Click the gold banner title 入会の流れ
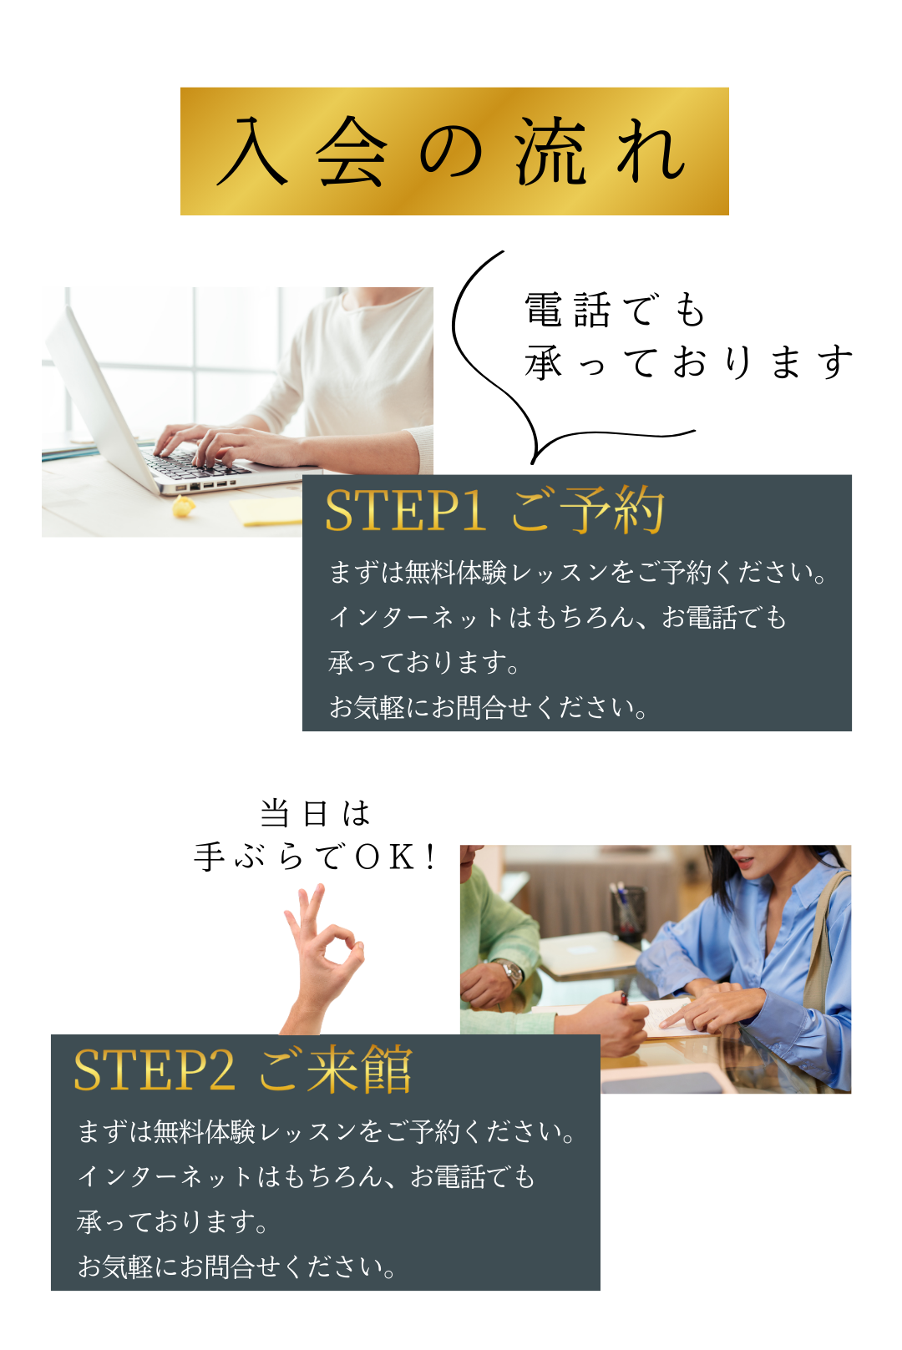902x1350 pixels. (x=451, y=150)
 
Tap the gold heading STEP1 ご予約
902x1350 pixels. (x=494, y=511)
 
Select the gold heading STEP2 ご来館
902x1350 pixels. (x=243, y=1070)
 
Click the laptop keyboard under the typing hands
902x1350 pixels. (x=196, y=465)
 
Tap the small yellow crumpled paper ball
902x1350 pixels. (x=184, y=506)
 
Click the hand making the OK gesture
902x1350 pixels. (x=322, y=959)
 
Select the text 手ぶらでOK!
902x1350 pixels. (x=316, y=857)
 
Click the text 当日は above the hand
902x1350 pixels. (x=315, y=814)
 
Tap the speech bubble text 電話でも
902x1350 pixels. (x=615, y=310)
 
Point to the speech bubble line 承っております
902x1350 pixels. (x=688, y=362)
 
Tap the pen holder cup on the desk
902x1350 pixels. (x=628, y=914)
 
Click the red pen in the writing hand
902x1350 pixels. (x=623, y=999)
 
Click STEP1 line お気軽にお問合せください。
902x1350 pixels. (x=489, y=707)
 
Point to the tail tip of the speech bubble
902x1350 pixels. (x=532, y=463)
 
